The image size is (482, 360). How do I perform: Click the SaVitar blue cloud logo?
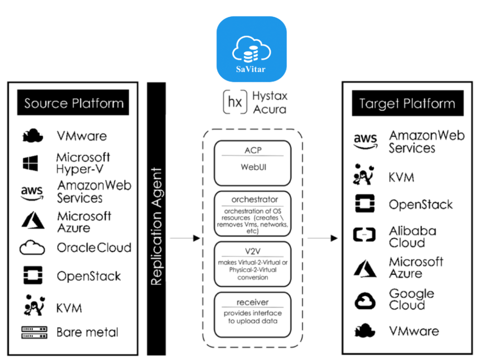[251, 49]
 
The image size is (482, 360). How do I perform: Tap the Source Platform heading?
[74, 103]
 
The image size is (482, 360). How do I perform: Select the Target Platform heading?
[407, 103]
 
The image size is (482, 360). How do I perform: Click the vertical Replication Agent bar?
[156, 218]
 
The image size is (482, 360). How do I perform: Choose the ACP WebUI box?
[252, 162]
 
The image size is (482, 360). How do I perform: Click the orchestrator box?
[252, 213]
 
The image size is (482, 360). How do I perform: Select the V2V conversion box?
[252, 264]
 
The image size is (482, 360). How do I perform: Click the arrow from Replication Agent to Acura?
[185, 238]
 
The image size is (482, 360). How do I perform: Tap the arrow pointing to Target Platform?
[322, 238]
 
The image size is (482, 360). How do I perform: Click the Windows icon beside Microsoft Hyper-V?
[31, 163]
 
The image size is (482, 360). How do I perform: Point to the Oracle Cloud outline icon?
[32, 248]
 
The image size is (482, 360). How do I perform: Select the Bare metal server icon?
[34, 333]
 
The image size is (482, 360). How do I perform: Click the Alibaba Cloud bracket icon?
[364, 236]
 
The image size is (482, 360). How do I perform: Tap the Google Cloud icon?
[365, 301]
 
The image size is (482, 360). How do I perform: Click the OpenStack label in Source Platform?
[89, 276]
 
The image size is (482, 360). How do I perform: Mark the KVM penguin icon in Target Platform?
[364, 177]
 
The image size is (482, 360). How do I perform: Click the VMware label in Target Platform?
[413, 331]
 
